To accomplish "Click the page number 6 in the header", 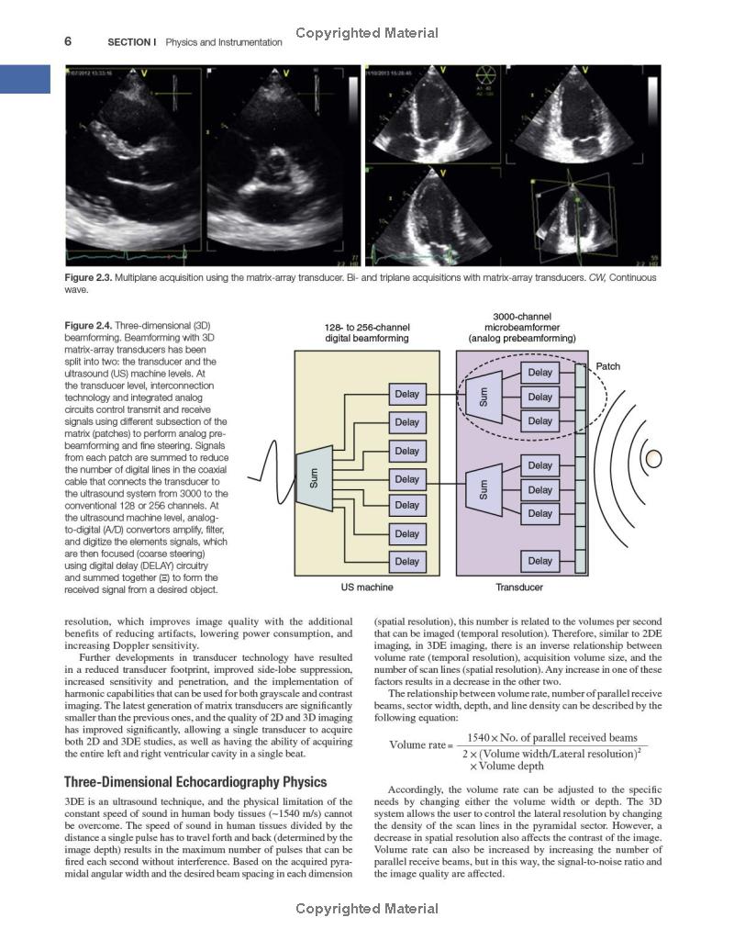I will pos(68,41).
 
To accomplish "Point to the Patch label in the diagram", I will pos(607,366).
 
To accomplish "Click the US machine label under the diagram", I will pos(367,587).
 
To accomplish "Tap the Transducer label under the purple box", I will pos(519,587).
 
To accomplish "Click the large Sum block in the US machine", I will pos(314,477).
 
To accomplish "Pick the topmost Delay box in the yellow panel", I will pos(406,395).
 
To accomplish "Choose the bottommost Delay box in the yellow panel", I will pos(406,561).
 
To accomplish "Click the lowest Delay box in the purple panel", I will pos(540,561).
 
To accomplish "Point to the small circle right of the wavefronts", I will pos(654,457).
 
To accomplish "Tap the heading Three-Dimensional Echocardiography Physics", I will pos(195,782).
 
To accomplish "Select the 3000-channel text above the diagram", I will pos(521,317).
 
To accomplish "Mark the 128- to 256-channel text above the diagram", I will pos(367,328).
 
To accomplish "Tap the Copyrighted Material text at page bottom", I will pos(367,909).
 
